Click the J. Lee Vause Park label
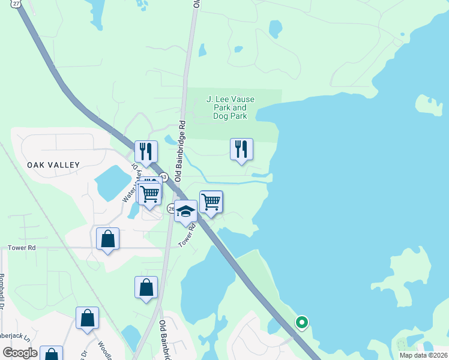pyautogui.click(x=230, y=107)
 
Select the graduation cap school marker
pyautogui.click(x=186, y=211)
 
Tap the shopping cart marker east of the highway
pyautogui.click(x=211, y=202)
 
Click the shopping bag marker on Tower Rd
pyautogui.click(x=107, y=239)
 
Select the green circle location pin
pyautogui.click(x=301, y=323)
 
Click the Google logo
pyautogui.click(x=20, y=353)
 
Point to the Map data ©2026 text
pyautogui.click(x=423, y=355)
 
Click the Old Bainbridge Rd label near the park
pyautogui.click(x=178, y=150)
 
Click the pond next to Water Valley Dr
pyautogui.click(x=110, y=182)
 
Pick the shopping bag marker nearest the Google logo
pyautogui.click(x=51, y=355)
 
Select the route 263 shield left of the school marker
pyautogui.click(x=171, y=209)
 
